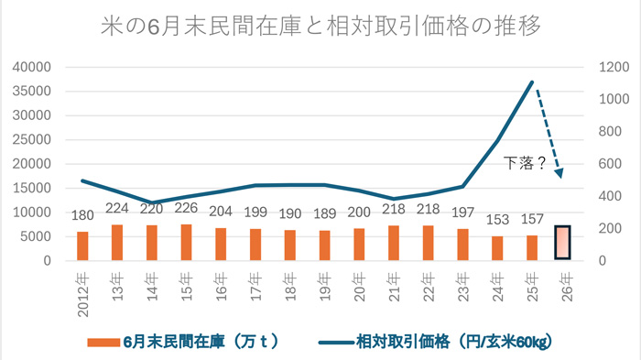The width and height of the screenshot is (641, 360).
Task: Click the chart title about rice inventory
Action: [x=320, y=26]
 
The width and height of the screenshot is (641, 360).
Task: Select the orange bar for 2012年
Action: [x=82, y=245]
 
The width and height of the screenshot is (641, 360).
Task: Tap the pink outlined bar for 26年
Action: [x=563, y=243]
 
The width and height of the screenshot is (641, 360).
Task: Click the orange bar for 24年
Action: [x=497, y=248]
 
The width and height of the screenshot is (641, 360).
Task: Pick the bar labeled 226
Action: [x=186, y=242]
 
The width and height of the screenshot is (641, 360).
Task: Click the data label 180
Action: [x=82, y=215]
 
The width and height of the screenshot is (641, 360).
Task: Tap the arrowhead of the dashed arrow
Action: [x=560, y=173]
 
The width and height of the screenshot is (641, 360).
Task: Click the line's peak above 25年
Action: [x=532, y=82]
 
